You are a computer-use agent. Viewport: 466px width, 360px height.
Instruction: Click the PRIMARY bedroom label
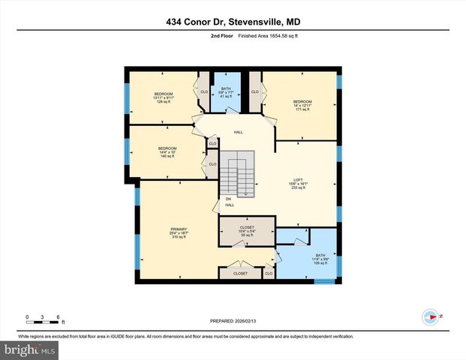(x=178, y=232)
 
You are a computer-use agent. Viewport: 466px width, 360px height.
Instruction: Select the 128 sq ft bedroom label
(x=164, y=97)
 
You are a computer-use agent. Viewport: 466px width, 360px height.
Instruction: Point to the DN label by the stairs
(x=228, y=199)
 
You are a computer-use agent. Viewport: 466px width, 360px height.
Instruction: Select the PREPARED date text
(x=232, y=321)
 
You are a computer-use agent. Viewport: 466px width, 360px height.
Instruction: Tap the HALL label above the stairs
(x=238, y=133)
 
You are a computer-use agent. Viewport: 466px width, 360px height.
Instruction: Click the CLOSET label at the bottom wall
(x=240, y=274)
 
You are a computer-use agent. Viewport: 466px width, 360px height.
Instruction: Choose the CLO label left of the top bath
(x=203, y=92)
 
